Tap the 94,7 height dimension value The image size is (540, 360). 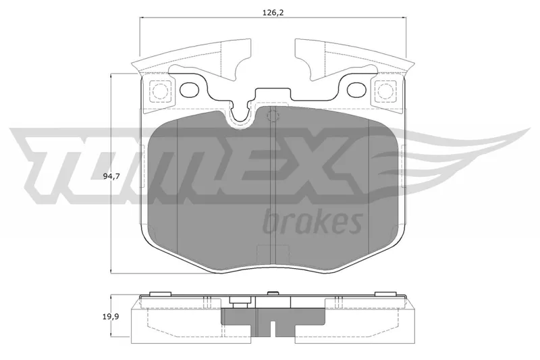point(111,176)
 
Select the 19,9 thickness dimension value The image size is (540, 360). point(111,317)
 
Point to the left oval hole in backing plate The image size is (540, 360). point(190,90)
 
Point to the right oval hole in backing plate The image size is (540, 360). point(357,90)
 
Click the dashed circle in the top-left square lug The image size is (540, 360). point(159,91)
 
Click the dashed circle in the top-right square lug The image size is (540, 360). point(385,91)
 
